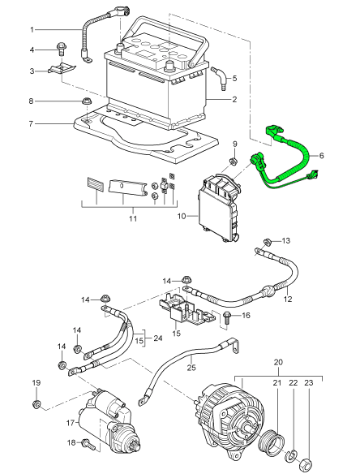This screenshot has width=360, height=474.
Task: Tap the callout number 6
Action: (x=320, y=155)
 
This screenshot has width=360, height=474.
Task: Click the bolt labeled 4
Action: (x=62, y=50)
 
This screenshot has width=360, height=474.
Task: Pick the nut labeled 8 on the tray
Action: (x=85, y=102)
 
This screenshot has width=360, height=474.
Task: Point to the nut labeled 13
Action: (x=267, y=242)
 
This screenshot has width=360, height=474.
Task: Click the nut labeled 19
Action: (x=36, y=403)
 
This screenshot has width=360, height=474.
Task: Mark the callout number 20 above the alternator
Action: (x=277, y=361)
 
